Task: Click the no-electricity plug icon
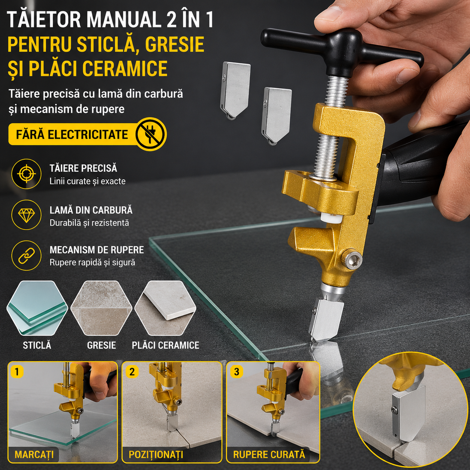pyautogui.click(x=151, y=134)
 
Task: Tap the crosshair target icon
pyautogui.click(x=26, y=174)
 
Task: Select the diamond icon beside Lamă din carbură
pyautogui.click(x=26, y=215)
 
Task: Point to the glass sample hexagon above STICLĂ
pyautogui.click(x=37, y=308)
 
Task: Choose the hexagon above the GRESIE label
pyautogui.click(x=101, y=308)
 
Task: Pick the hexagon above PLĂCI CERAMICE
pyautogui.click(x=165, y=308)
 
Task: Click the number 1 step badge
pyautogui.click(x=16, y=372)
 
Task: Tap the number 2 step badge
pyautogui.click(x=132, y=372)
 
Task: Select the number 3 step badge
pyautogui.click(x=236, y=372)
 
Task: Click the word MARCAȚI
pyautogui.click(x=34, y=455)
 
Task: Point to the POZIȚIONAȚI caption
pyautogui.click(x=156, y=455)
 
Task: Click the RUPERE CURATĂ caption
pyautogui.click(x=269, y=455)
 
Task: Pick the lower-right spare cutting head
pyautogui.click(x=277, y=116)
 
